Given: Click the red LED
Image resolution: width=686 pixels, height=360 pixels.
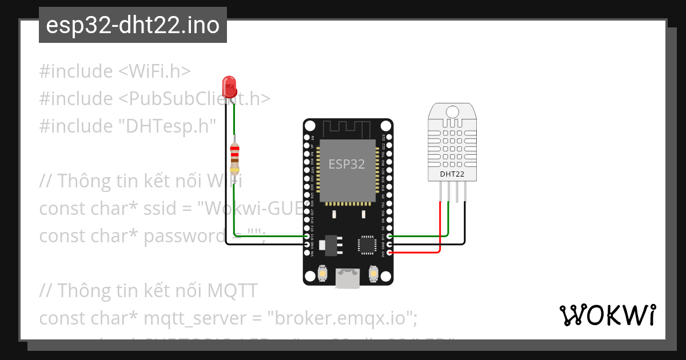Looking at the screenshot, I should [x=230, y=86].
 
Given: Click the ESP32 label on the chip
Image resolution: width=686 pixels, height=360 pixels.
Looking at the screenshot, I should [x=346, y=165].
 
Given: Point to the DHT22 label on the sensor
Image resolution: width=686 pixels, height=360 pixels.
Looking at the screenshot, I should [x=452, y=174].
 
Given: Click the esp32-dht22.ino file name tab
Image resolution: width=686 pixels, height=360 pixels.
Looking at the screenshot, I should [x=133, y=26].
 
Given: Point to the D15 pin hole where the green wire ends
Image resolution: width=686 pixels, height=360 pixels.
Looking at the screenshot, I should [x=389, y=236].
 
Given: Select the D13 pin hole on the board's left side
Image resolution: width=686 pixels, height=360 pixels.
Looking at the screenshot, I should [x=308, y=236].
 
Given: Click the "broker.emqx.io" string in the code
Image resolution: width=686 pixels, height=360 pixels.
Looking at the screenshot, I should [x=344, y=317].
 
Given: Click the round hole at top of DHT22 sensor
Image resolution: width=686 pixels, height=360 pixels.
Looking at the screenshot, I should [x=452, y=110].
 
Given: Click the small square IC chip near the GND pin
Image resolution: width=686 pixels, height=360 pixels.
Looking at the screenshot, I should [x=366, y=244].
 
